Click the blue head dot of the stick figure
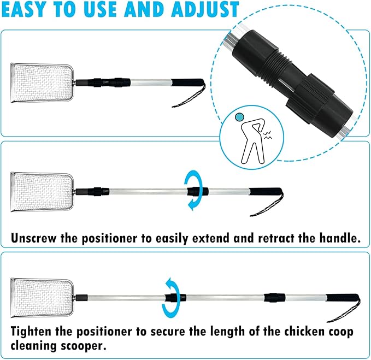(x=238, y=116)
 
